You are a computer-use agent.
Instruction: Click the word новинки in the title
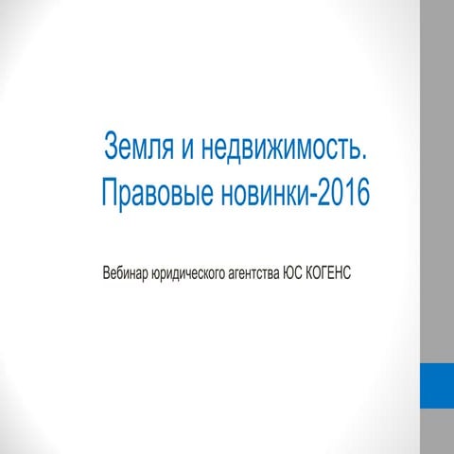[265, 193]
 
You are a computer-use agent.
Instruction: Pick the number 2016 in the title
[342, 193]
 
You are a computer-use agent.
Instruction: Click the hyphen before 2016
[315, 195]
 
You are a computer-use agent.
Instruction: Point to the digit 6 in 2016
[360, 193]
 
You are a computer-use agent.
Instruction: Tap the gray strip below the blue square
[437, 431]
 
